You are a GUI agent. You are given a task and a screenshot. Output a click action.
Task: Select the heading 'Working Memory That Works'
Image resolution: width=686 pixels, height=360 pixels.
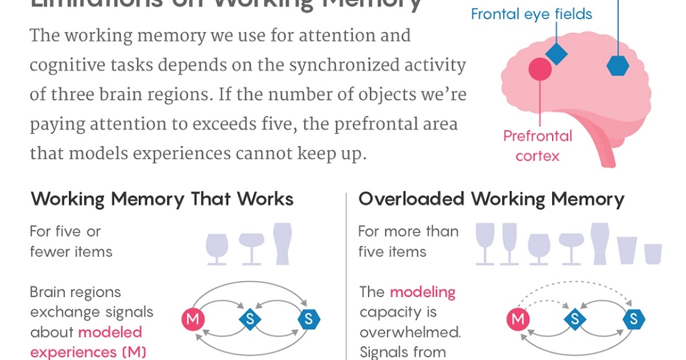coord(162,199)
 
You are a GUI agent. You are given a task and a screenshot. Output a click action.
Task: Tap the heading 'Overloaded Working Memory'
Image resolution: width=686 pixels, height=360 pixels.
coord(491,199)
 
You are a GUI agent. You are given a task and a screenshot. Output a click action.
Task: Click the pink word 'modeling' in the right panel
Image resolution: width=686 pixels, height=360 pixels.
coord(422,293)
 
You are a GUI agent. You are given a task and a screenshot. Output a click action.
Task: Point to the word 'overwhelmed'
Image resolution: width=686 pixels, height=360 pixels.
coord(410,332)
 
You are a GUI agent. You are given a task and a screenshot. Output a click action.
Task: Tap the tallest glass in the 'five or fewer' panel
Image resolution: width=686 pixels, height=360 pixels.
coord(282,243)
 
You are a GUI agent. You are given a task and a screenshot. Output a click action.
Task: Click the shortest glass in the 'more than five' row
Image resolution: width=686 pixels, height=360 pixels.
coord(653,254)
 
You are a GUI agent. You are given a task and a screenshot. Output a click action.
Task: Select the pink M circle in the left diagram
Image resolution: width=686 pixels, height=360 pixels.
coord(193,319)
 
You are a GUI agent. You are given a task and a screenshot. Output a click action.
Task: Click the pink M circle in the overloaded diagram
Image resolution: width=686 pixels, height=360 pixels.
coord(519,319)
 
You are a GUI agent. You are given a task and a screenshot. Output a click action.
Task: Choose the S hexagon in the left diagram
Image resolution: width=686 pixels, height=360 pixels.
coord(309,319)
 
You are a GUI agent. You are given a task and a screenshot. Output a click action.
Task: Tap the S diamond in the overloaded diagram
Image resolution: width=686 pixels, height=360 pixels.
coord(575,319)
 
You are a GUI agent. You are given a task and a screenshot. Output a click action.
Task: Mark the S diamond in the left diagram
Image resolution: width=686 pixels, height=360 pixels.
coord(250,319)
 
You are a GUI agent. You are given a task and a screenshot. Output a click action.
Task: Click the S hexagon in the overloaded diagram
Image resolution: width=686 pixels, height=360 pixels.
coord(634,319)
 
